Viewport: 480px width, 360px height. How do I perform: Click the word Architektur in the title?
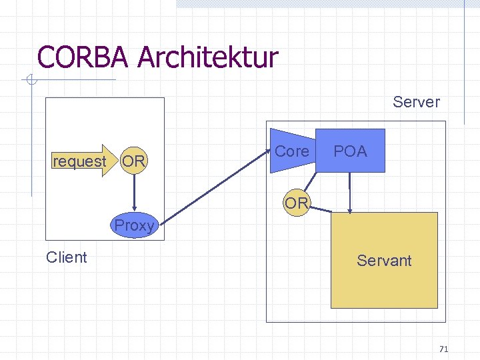(208, 57)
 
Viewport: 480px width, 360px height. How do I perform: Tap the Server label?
(416, 102)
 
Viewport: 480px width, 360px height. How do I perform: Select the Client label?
(67, 257)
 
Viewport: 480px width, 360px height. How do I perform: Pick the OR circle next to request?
(134, 161)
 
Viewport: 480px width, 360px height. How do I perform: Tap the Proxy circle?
(134, 225)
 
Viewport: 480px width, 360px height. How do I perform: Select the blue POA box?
(351, 151)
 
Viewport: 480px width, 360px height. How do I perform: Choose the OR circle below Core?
(296, 203)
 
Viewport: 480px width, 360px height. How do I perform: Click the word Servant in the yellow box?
(384, 261)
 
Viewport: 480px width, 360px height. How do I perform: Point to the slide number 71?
(445, 349)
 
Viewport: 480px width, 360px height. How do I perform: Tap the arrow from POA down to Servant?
(349, 193)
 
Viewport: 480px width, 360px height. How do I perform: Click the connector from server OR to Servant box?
(321, 209)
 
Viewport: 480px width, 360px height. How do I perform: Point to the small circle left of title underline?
(29, 81)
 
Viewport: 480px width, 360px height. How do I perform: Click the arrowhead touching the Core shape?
(265, 155)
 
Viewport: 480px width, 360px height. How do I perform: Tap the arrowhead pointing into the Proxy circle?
(135, 209)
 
